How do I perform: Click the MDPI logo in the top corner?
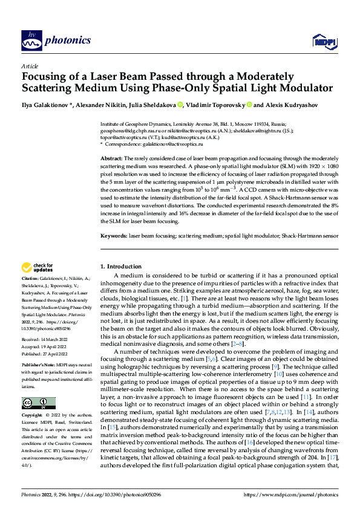322,41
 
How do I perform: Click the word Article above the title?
30,66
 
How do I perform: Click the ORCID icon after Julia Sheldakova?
180,105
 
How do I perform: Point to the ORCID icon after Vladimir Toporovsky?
249,105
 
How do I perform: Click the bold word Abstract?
111,157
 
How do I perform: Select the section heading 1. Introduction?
120,266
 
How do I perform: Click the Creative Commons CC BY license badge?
38,403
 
